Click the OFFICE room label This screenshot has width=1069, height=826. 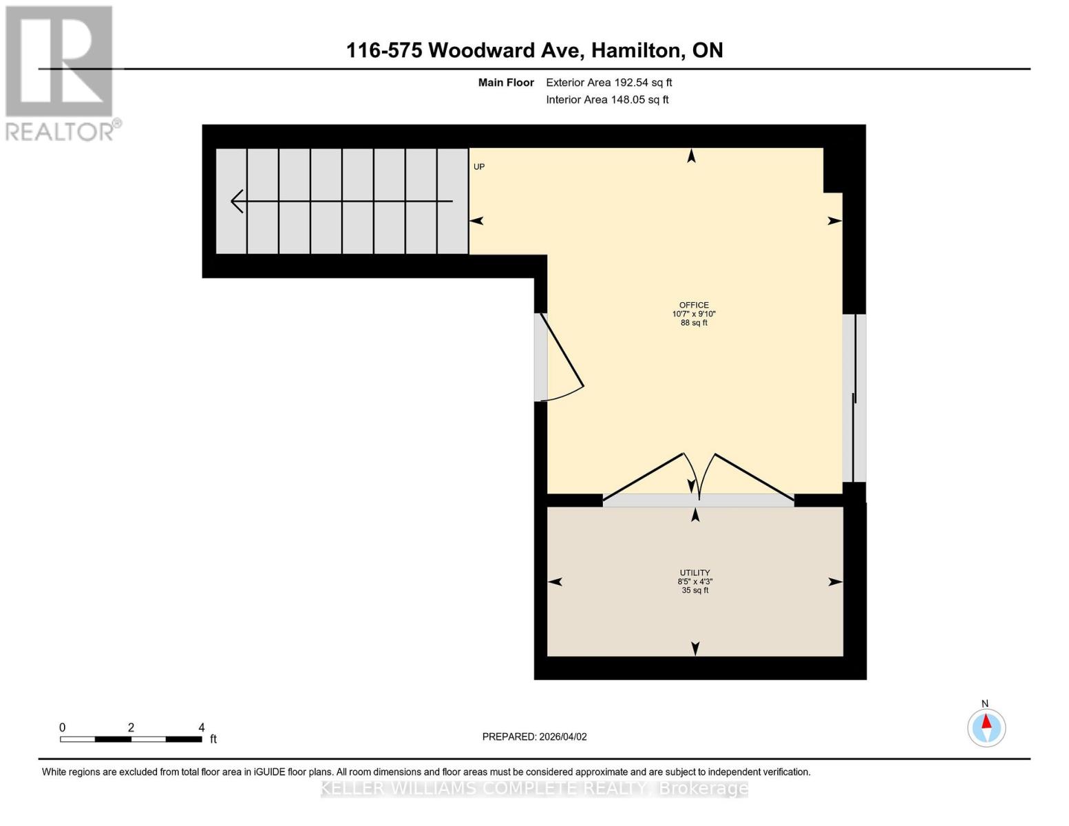pos(694,305)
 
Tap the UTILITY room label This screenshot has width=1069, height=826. pos(695,573)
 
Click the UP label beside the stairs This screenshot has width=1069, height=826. pos(478,167)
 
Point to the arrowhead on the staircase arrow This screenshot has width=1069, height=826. pos(237,201)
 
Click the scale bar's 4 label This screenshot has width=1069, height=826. pos(201,728)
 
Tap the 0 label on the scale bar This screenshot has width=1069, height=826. pos(63,728)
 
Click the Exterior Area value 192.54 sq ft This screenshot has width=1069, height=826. pos(642,83)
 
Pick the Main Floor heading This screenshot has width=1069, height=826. pos(506,83)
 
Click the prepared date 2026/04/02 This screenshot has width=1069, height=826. pos(563,737)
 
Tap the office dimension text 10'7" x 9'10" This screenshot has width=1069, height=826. pos(694,314)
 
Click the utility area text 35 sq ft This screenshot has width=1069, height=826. pos(695,591)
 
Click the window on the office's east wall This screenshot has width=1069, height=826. pos(854,398)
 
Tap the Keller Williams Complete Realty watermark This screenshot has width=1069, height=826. pos(534,789)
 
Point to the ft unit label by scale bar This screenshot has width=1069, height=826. pos(213,739)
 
